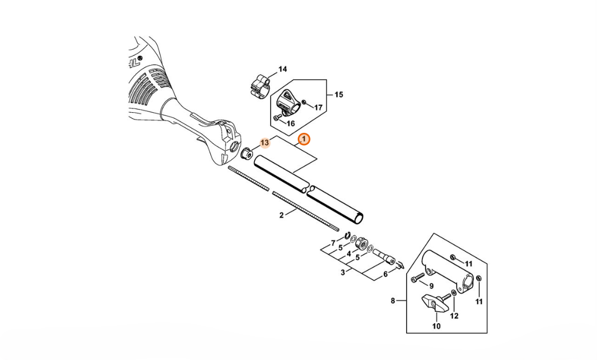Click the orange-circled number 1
[x=304, y=140]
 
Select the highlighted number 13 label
[x=265, y=143]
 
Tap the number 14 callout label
[x=283, y=69]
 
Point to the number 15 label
[x=338, y=94]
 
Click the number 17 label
[x=318, y=108]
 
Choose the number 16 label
[x=291, y=124]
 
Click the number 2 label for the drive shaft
[x=281, y=215]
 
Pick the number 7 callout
[x=333, y=243]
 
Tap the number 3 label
[x=343, y=273]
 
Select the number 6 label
[x=386, y=274]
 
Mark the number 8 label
[x=393, y=301]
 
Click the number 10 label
[x=436, y=326]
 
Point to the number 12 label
[x=454, y=316]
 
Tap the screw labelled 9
[x=418, y=278]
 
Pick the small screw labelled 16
[x=277, y=119]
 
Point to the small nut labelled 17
[x=304, y=102]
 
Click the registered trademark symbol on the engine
[x=140, y=58]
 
